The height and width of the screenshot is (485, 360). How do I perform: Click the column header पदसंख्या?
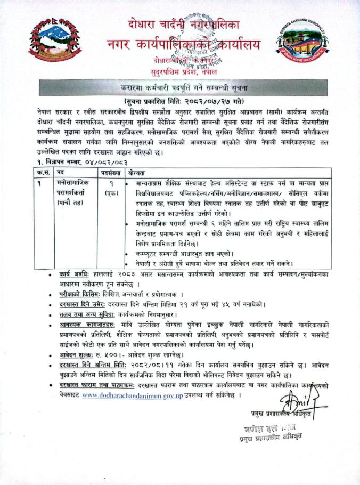[111, 174]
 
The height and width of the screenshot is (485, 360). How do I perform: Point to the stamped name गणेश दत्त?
[264, 428]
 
